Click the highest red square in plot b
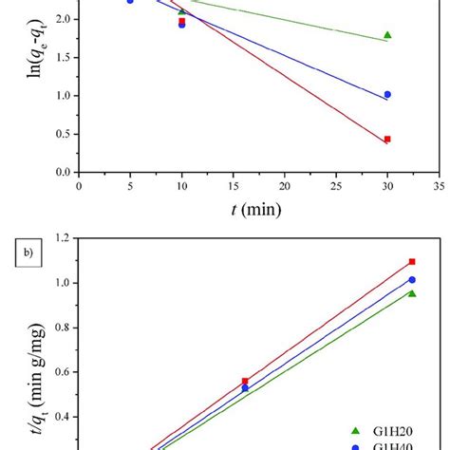click(412, 261)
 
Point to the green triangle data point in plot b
click(412, 293)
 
